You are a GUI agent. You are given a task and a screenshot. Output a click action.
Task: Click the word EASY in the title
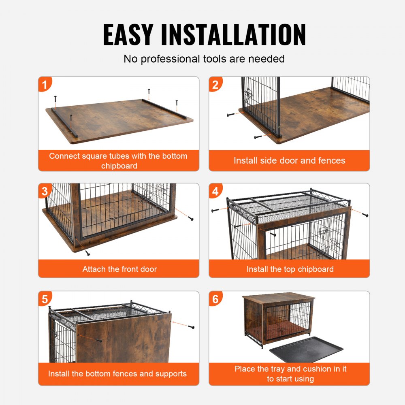128,35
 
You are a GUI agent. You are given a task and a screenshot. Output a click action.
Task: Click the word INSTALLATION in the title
233,35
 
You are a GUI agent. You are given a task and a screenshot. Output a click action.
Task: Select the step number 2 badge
216,85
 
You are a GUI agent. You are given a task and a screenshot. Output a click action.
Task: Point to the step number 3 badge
46,191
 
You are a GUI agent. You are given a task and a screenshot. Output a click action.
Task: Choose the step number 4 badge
216,191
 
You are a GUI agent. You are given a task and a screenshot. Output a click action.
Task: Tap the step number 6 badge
216,299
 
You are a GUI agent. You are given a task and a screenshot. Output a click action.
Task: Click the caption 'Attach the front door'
119,269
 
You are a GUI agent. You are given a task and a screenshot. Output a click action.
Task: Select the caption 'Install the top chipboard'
290,269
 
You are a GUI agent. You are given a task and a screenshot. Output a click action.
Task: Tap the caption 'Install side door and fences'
289,160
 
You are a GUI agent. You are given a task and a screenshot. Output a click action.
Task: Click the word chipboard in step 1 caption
119,166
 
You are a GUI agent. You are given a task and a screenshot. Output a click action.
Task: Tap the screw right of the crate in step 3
190,219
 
